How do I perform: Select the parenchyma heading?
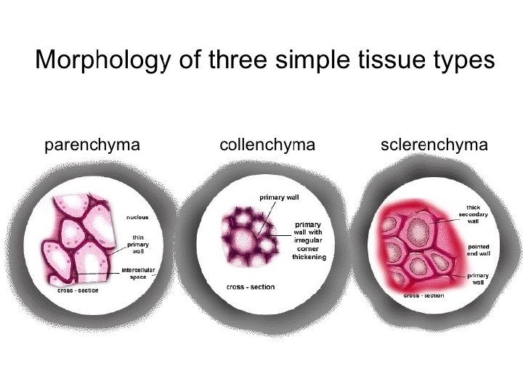92,145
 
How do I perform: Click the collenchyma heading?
267,145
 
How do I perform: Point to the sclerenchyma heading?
434,145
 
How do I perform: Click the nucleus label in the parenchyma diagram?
138,217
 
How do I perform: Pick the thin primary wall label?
138,244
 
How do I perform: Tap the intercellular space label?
138,273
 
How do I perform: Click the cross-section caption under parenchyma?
78,291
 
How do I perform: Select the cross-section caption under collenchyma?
251,287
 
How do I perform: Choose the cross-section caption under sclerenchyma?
423,295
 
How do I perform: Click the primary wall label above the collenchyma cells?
279,197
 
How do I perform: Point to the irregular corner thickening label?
309,240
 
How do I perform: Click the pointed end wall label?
478,251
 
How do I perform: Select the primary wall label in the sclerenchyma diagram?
478,279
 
